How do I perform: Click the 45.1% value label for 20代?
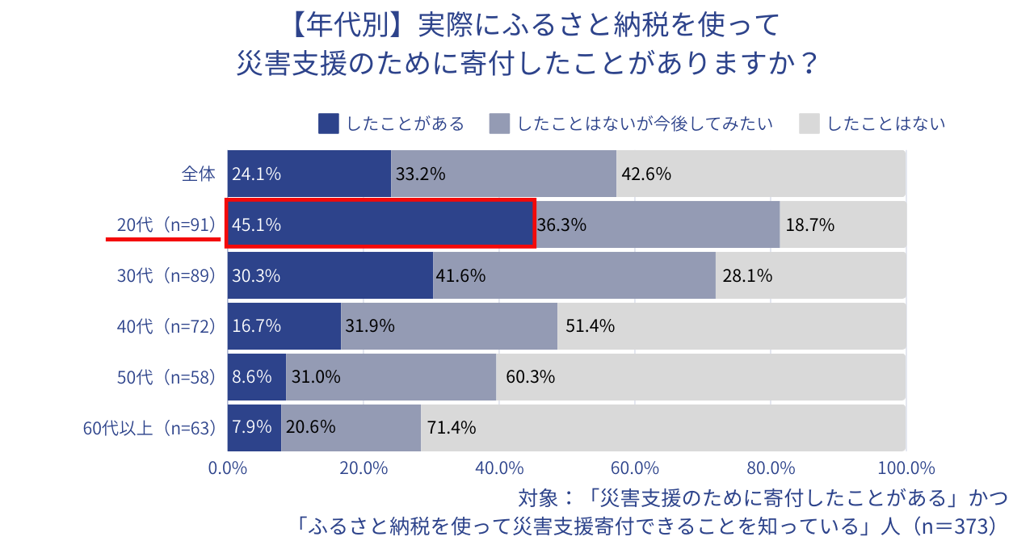point(256,224)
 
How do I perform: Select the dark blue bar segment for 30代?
point(330,275)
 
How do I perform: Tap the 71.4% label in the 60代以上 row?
point(452,427)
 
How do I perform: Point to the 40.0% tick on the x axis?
point(499,468)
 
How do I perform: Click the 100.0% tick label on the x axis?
point(906,468)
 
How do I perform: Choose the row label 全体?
point(199,174)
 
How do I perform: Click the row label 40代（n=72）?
point(167,326)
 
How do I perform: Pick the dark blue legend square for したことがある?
point(329,124)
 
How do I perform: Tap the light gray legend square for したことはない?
point(809,124)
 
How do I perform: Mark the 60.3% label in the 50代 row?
point(530,377)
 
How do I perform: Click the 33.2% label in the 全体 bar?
point(421,174)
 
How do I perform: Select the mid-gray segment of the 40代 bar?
point(449,326)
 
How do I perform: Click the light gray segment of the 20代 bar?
point(843,224)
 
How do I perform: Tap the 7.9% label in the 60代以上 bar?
point(252,427)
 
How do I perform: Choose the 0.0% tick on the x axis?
point(228,468)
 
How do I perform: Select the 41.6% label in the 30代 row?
point(460,275)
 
